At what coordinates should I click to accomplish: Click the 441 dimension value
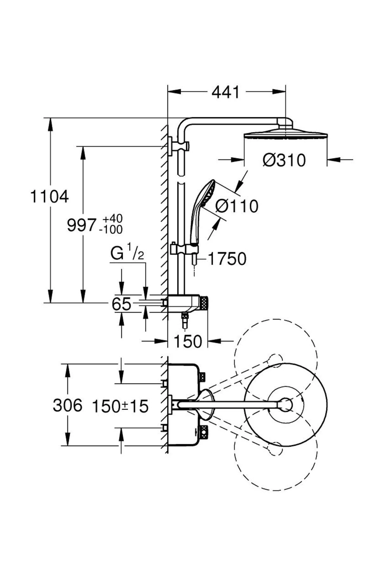226,92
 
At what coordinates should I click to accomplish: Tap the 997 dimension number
81,225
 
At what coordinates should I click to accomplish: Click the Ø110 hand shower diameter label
237,206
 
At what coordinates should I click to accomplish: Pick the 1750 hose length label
227,259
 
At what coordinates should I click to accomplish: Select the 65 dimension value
121,304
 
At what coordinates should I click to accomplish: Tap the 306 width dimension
67,405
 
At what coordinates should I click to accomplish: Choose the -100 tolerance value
111,229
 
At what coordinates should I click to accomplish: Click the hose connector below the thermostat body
184,320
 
